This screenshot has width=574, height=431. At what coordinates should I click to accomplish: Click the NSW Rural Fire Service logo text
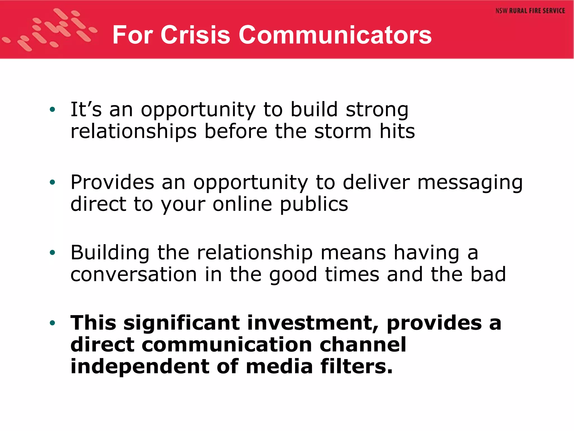[x=530, y=11]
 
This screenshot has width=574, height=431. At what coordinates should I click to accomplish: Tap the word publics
[x=314, y=205]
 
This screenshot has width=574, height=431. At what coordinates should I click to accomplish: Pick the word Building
[x=110, y=253]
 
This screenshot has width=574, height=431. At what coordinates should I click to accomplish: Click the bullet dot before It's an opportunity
[x=52, y=110]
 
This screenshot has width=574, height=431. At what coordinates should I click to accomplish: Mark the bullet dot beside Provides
[x=52, y=183]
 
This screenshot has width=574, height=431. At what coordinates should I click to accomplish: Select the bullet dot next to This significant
[x=52, y=323]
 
